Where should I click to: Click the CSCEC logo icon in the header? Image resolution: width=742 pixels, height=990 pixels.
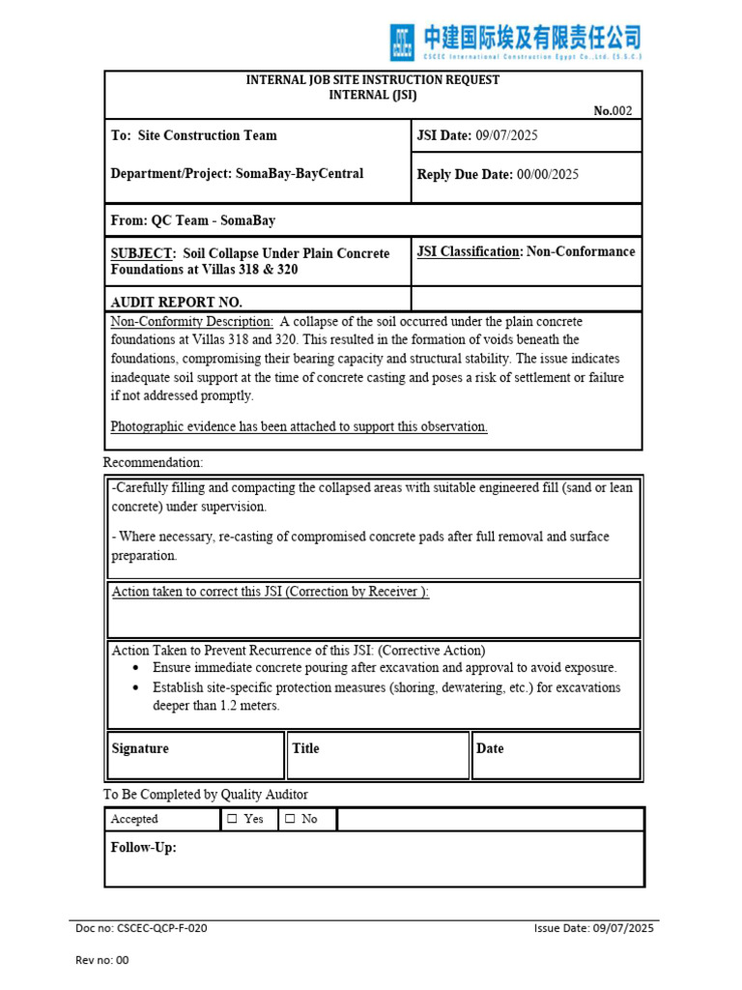(x=402, y=43)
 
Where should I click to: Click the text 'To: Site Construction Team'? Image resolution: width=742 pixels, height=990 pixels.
(x=194, y=135)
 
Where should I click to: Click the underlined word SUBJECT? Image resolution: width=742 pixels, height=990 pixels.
(x=140, y=253)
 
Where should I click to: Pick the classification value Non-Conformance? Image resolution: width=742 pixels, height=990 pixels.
(x=581, y=251)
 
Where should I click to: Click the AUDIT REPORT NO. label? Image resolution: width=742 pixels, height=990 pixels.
(x=177, y=302)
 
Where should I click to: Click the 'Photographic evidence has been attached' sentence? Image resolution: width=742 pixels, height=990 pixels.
(x=299, y=426)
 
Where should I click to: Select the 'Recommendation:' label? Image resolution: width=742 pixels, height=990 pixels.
(x=153, y=463)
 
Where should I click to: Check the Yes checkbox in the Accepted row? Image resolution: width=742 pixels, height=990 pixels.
(x=232, y=819)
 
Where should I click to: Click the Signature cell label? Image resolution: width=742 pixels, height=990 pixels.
(x=140, y=748)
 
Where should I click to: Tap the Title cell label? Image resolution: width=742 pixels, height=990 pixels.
(x=305, y=748)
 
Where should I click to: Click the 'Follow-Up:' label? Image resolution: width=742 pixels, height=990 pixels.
(x=144, y=848)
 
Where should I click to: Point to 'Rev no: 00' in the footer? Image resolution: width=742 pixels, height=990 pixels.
(x=101, y=960)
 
